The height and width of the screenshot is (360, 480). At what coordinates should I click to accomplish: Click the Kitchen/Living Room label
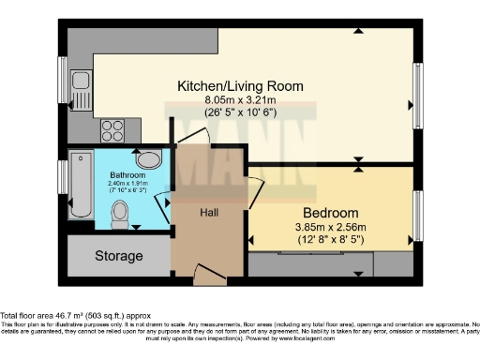(x=241, y=86)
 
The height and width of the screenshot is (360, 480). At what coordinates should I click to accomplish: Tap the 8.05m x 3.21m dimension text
(x=241, y=99)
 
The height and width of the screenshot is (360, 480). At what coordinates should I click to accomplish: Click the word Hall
(x=208, y=213)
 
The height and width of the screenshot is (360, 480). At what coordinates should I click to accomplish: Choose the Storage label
(x=118, y=256)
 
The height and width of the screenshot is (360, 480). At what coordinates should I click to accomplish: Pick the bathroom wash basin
(x=148, y=160)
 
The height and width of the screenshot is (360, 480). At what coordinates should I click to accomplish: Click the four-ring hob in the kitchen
(x=112, y=128)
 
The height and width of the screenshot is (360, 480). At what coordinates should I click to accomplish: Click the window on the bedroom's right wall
(x=418, y=215)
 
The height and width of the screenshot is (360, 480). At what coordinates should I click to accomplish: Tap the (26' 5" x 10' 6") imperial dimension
(x=241, y=112)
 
